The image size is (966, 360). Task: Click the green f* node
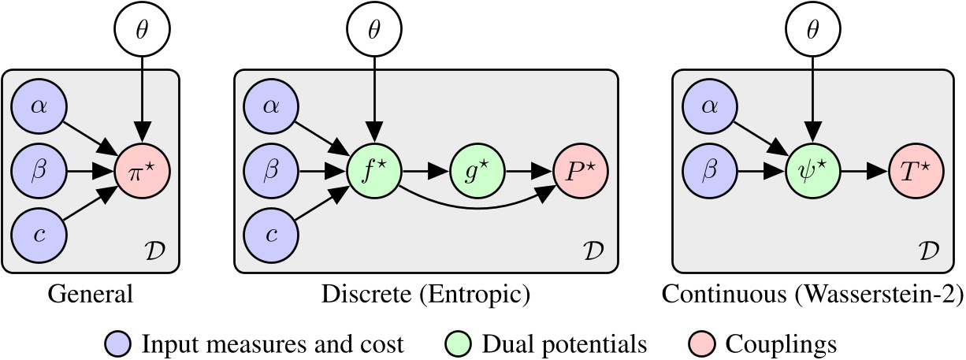[374, 171]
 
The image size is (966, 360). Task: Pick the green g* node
[475, 171]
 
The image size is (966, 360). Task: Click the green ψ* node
[812, 171]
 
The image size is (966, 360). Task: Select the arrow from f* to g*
[425, 171]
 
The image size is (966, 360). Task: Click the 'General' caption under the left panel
[91, 296]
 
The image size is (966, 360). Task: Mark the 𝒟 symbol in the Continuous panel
[931, 251]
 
